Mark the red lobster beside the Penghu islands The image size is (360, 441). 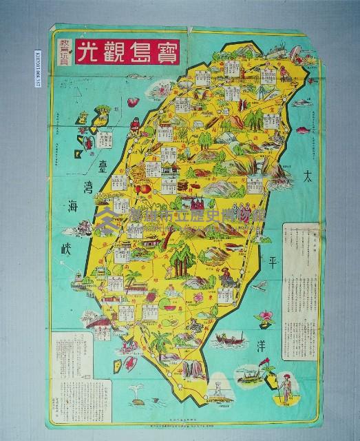90,143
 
